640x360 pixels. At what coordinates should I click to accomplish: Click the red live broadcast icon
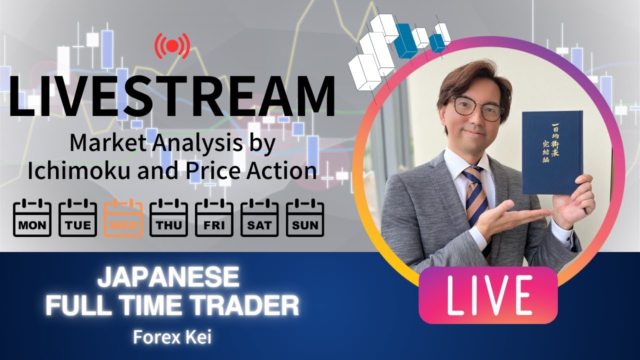[x=172, y=46]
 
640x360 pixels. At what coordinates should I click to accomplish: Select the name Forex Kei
[x=172, y=337]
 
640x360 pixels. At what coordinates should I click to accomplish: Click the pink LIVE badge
[x=488, y=295]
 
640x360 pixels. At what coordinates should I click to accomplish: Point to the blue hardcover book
[x=552, y=152]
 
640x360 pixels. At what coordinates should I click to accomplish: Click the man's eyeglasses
[x=477, y=108]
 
